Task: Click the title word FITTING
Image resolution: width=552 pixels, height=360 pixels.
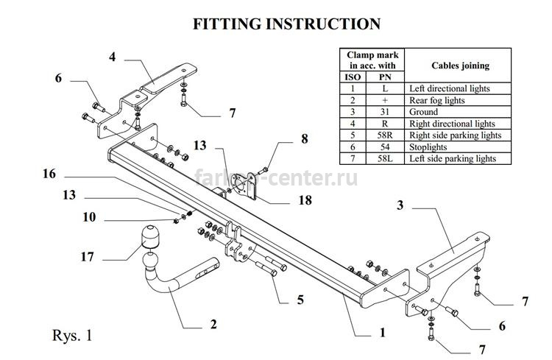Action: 227,24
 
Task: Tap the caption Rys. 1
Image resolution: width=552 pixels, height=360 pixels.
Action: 72,335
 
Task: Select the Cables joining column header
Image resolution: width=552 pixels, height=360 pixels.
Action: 461,66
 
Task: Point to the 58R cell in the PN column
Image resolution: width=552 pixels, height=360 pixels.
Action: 385,135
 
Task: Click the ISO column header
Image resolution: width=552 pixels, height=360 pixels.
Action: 353,77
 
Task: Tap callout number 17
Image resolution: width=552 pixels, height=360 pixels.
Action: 88,257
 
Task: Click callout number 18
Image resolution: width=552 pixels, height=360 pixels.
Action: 305,200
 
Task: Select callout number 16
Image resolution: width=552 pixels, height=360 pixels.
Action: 49,174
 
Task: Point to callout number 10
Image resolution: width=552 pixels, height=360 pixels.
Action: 89,217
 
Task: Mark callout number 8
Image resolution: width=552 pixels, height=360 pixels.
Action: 305,139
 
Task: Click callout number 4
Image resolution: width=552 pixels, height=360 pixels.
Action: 113,57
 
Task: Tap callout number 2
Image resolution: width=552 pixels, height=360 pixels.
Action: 213,325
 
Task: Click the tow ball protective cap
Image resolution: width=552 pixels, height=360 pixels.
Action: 150,236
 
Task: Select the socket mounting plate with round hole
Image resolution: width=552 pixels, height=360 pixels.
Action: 242,186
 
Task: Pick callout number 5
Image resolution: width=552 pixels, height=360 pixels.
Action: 300,300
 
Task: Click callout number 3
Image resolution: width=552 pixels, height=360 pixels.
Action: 400,205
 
